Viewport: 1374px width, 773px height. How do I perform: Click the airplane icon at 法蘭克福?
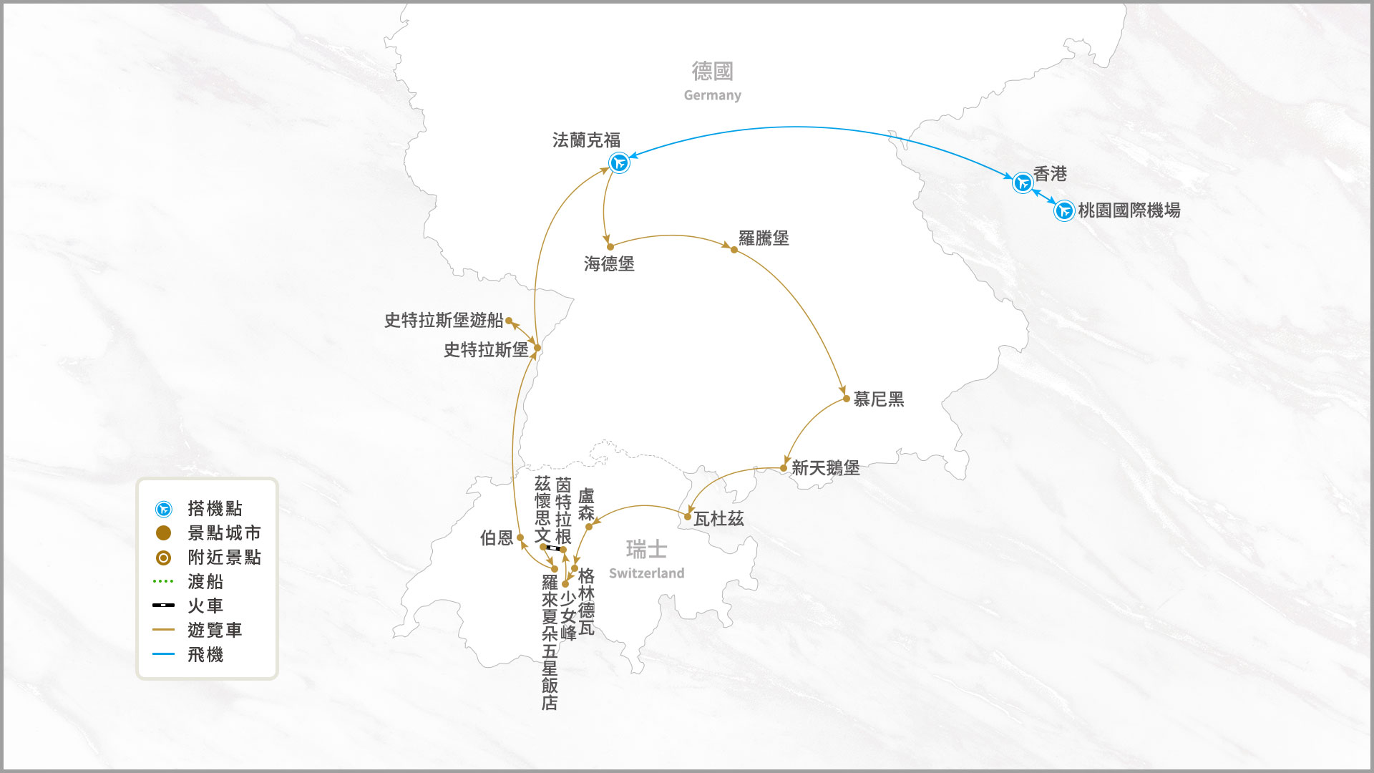click(x=619, y=163)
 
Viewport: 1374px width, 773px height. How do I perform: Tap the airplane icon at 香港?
click(x=1023, y=183)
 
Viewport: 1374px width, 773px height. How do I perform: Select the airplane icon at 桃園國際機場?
click(x=1064, y=210)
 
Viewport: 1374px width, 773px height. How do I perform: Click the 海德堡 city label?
click(x=609, y=264)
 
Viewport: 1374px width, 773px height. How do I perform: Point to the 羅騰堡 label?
click(x=764, y=238)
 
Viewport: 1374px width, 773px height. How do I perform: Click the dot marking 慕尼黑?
click(x=847, y=399)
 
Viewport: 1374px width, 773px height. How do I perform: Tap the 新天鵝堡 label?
click(x=825, y=468)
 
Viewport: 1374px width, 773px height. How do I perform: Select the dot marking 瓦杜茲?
click(x=688, y=517)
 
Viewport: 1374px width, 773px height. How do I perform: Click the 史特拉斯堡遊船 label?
click(x=444, y=320)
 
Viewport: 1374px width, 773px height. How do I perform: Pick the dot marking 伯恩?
click(x=520, y=538)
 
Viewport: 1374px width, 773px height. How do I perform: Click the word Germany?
click(x=712, y=95)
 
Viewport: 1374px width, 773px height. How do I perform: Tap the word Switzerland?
click(x=646, y=573)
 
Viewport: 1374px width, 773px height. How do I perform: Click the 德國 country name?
click(x=712, y=71)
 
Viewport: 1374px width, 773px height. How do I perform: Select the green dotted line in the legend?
click(x=163, y=581)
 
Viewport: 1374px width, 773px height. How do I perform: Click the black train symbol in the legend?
click(x=163, y=606)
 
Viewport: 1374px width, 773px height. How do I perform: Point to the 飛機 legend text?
click(x=205, y=654)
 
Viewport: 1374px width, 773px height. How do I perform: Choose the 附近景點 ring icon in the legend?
click(x=163, y=558)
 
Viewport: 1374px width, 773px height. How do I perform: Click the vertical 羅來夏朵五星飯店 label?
click(x=549, y=642)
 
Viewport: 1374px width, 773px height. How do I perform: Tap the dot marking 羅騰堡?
click(x=734, y=250)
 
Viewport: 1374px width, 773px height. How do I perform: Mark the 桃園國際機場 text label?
click(x=1129, y=210)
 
